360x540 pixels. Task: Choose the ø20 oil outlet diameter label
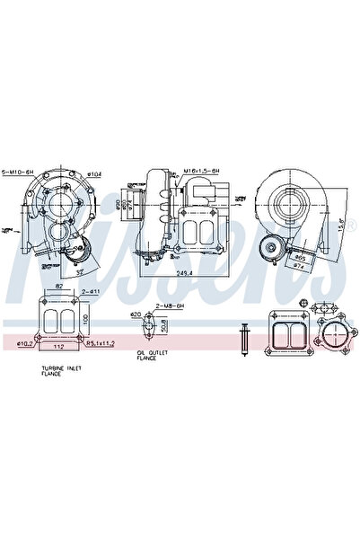point(135,314)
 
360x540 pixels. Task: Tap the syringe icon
point(242,339)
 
